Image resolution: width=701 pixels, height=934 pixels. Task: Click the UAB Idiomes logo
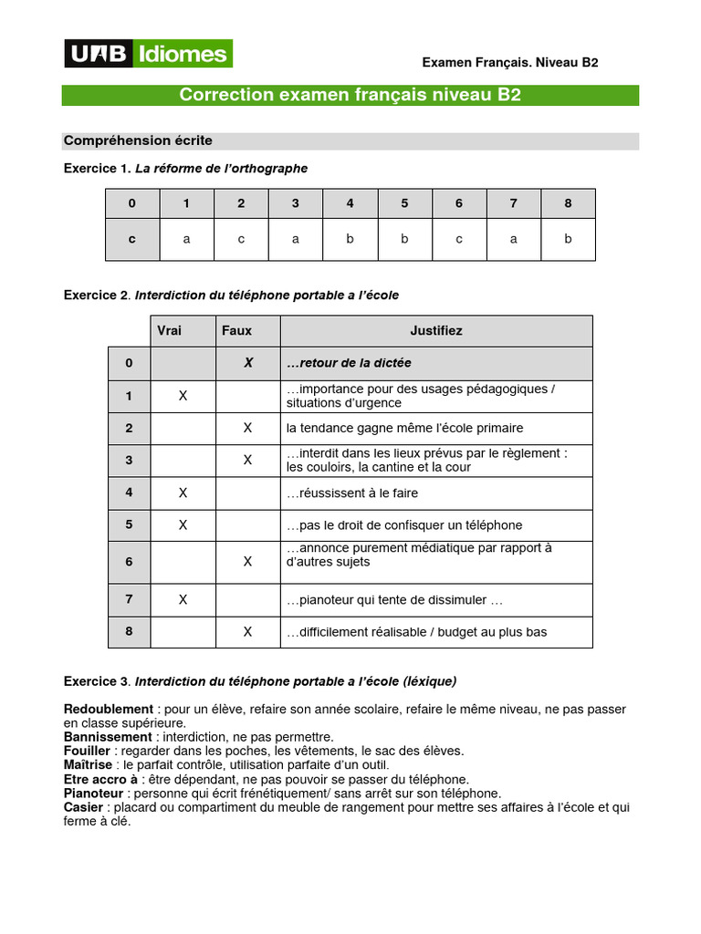coord(148,54)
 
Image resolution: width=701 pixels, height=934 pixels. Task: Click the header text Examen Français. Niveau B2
coord(509,62)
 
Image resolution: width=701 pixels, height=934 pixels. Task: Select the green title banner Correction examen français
coord(350,96)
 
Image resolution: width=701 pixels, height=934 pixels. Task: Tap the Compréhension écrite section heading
coord(138,140)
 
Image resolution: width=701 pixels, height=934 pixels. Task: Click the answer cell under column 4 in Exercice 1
coord(350,239)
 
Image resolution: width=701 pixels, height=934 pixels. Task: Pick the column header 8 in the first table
coord(568,203)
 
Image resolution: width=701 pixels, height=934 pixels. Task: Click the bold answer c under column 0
coord(132,239)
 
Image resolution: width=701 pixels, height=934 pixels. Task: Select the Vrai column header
coord(170,330)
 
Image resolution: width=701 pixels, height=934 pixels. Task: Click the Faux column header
coord(236,330)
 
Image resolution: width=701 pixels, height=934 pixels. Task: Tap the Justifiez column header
coord(436,330)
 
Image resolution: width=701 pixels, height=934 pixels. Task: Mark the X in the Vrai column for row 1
coord(183,396)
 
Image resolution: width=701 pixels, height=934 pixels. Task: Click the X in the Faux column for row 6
coord(247,562)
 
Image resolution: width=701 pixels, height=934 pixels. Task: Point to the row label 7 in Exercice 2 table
coord(130,599)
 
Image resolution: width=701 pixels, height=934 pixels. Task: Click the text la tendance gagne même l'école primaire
coord(404,428)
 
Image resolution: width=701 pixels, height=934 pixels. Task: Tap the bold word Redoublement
coord(108,709)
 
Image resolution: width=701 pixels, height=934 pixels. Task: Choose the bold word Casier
coord(83,807)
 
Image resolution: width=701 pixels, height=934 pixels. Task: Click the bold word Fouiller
coord(88,751)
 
